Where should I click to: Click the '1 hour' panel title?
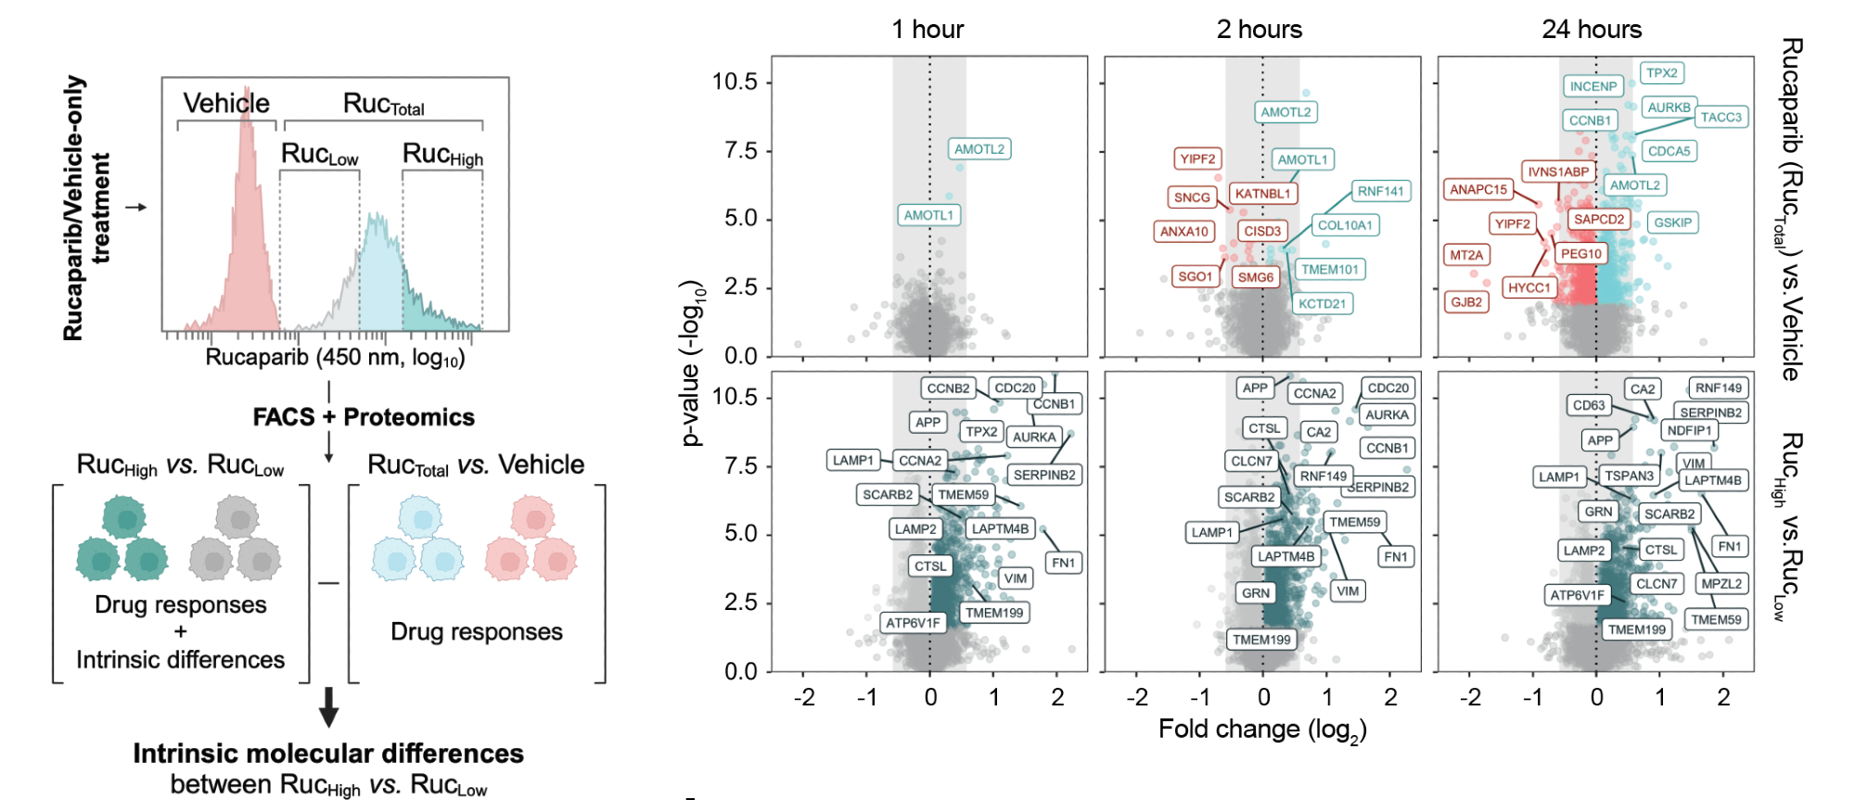[x=927, y=30]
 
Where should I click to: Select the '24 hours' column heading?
[x=1592, y=30]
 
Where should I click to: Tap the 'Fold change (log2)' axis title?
[x=1262, y=730]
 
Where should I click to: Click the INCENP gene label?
[x=1593, y=86]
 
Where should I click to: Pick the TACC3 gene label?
[x=1721, y=117]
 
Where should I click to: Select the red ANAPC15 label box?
[x=1478, y=189]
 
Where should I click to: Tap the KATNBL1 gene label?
[x=1262, y=194]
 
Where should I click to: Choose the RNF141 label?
[x=1381, y=191]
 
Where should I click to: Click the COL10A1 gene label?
[x=1345, y=225]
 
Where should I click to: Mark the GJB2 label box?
[x=1466, y=302]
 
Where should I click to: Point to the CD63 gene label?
[x=1589, y=405]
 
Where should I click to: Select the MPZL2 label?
[x=1721, y=583]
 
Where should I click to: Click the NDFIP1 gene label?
[x=1689, y=430]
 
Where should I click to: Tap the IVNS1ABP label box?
[x=1558, y=171]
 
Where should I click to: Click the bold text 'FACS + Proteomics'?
[x=364, y=417]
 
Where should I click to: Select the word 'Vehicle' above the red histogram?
[x=226, y=103]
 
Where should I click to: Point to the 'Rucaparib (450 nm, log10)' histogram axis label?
[x=335, y=358]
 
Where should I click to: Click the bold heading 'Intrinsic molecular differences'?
[x=328, y=754]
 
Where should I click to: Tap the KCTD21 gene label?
[x=1322, y=303]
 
